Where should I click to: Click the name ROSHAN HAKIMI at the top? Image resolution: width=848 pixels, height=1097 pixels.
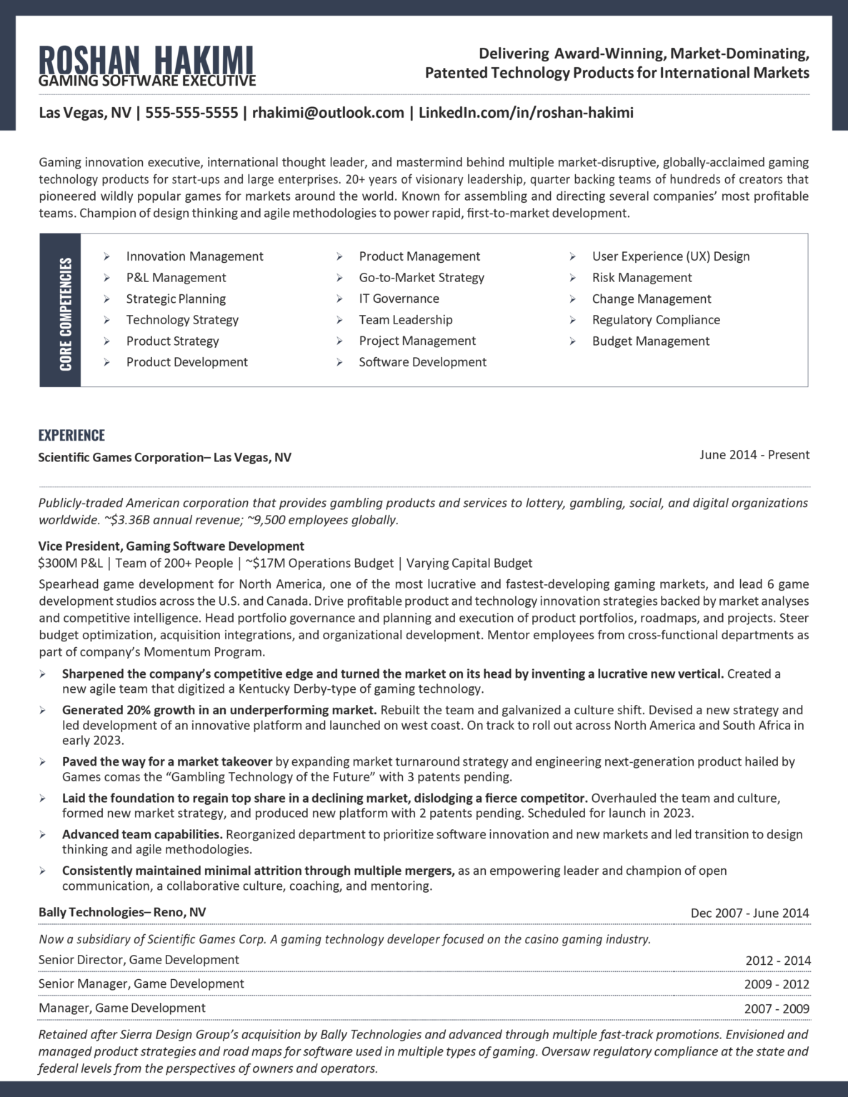[x=146, y=59]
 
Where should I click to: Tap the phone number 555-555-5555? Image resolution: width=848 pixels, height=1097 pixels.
[x=191, y=113]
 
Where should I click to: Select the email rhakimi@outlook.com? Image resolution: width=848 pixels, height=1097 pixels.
[x=328, y=113]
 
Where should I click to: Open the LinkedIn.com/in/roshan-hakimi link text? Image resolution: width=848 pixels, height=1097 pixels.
[x=526, y=113]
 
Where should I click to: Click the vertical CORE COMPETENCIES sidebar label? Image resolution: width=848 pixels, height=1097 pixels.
[x=66, y=314]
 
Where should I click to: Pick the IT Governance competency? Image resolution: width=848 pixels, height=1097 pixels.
[x=399, y=299]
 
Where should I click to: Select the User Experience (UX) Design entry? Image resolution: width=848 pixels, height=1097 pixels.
[x=670, y=256]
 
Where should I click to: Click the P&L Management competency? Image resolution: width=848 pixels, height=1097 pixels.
[x=176, y=278]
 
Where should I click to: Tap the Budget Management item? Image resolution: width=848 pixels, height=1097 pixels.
[x=650, y=341]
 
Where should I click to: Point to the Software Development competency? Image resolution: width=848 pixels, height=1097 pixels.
[x=422, y=362]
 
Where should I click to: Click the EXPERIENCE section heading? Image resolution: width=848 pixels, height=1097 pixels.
[x=71, y=436]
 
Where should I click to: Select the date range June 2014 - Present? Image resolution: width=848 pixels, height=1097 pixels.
[x=754, y=455]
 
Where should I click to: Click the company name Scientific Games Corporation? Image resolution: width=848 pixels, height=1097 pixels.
[x=120, y=458]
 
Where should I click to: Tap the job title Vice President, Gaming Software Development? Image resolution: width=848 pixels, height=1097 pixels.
[x=171, y=546]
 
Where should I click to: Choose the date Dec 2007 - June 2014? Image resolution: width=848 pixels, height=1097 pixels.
[x=749, y=913]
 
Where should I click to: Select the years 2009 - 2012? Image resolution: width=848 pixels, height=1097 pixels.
[x=777, y=984]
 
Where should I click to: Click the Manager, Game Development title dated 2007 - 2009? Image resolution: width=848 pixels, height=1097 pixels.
[x=122, y=1008]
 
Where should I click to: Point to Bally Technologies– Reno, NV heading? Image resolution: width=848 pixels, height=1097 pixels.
[x=122, y=912]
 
